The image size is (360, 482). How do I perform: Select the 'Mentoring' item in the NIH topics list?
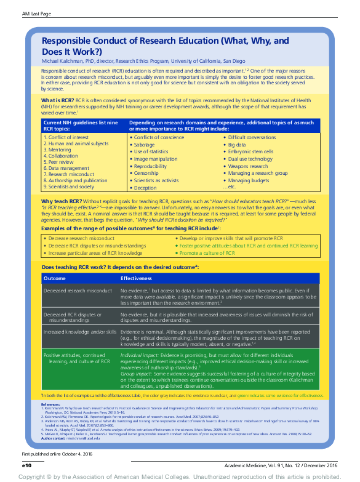coord(60,150)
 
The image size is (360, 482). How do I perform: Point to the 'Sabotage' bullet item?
coord(146,144)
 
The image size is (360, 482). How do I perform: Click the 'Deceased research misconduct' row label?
coord(78,290)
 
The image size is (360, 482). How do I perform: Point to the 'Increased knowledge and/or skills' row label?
coord(79,331)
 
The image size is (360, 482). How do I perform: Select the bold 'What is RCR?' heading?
coord(57,99)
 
